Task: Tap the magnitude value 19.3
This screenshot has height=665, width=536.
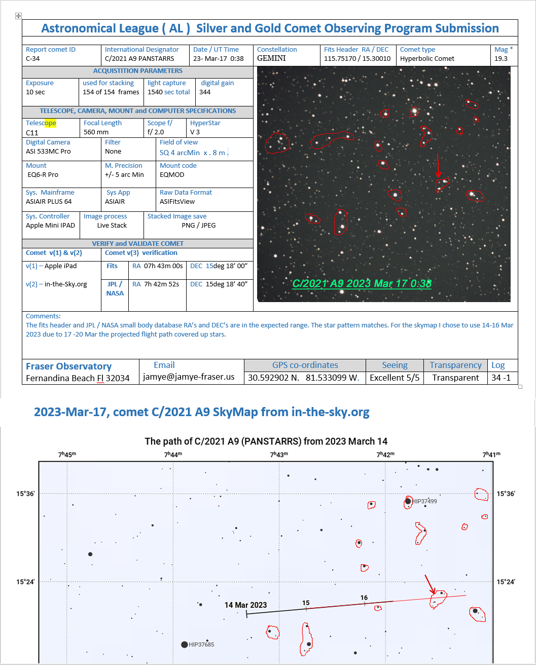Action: tap(501, 59)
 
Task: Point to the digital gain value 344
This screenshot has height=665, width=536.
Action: tap(205, 92)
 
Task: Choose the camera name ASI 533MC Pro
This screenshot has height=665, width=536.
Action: tap(48, 152)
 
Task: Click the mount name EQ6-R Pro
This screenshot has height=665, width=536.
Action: tap(43, 175)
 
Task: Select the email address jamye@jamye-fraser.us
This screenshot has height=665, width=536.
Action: tap(189, 378)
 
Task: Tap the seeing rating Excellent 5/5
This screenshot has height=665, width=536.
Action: tap(395, 378)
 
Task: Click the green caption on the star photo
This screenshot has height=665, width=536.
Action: tap(362, 283)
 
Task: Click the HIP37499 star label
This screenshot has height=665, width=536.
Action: tap(424, 501)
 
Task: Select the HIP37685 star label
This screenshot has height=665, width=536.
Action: tap(201, 645)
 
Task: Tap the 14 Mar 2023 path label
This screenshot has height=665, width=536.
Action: tap(245, 605)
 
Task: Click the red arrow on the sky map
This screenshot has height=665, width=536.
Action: tap(430, 584)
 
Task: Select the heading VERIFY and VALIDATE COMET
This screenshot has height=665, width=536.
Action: tap(137, 244)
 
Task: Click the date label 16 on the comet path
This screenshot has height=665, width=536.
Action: tap(364, 598)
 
